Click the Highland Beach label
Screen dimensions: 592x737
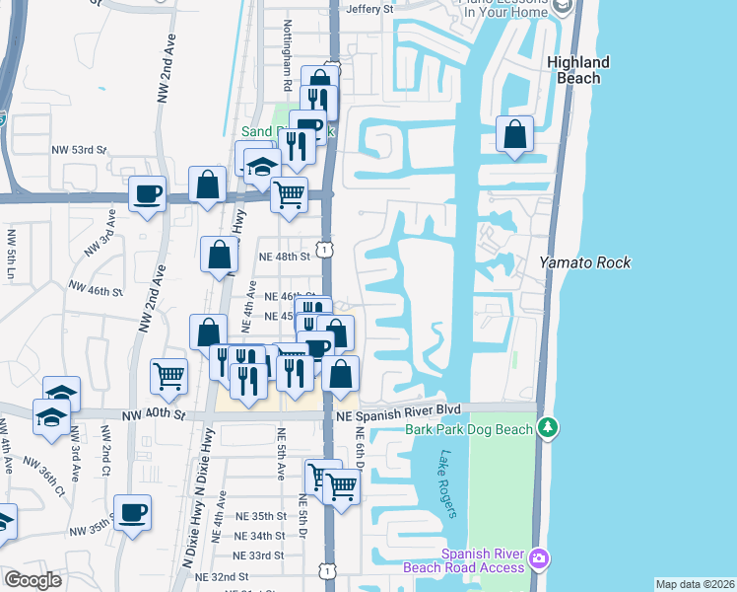point(578,70)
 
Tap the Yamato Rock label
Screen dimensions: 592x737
point(584,262)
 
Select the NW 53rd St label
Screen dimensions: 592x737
point(78,149)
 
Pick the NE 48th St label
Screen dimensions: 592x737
point(284,256)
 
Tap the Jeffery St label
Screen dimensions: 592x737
point(369,9)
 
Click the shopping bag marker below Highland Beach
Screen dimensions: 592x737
point(514,136)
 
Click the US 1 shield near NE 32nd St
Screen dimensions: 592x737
point(326,571)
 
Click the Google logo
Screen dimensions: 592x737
point(33,580)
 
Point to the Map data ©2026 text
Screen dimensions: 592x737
point(694,584)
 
